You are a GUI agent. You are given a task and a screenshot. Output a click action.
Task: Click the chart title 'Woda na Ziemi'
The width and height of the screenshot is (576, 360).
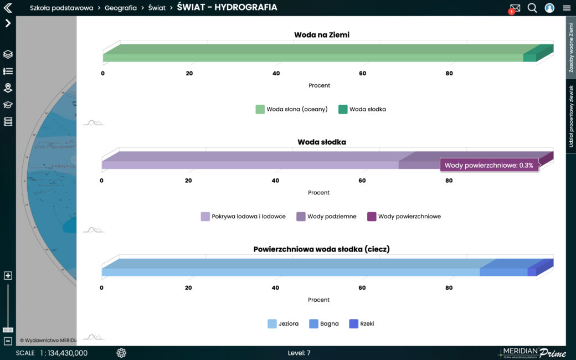pos(321,35)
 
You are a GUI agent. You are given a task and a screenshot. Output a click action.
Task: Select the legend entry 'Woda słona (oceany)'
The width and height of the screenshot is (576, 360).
pos(292,109)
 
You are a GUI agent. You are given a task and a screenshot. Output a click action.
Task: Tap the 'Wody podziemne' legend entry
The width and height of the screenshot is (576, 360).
pos(326,217)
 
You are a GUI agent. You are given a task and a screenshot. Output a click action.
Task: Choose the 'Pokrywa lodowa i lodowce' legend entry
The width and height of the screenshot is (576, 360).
pos(243,217)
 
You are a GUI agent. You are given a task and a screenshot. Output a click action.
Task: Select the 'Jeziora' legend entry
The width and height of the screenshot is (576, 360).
pos(283,323)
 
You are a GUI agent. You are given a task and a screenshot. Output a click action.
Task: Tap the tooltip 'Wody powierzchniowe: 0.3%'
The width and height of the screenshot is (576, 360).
pos(489,165)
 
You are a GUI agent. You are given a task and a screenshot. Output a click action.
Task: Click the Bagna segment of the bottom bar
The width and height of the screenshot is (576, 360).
pos(503,272)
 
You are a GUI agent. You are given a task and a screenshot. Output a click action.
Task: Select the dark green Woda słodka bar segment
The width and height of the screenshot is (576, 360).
pos(529,58)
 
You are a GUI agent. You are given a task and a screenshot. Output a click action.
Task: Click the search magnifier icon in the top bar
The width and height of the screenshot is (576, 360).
pos(532,8)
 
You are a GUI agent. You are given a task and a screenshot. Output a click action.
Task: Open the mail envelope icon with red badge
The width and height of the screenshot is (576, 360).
pos(515,8)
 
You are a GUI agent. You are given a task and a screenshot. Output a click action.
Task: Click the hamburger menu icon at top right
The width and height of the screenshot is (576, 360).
pos(567,8)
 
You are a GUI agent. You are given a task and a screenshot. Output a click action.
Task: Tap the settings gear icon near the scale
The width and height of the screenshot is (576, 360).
pos(121,353)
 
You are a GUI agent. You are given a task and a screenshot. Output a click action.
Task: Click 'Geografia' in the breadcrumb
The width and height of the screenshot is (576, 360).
pos(121,8)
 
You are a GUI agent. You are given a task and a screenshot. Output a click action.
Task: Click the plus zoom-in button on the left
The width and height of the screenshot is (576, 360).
pos(8,276)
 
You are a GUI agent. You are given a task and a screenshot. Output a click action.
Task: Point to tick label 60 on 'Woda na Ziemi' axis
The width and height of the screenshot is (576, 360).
pos(363,74)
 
